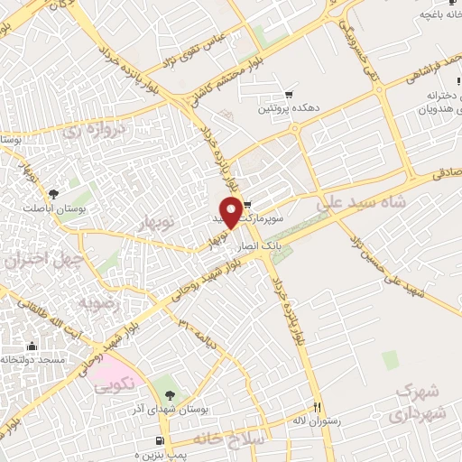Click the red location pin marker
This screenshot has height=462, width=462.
(232, 211)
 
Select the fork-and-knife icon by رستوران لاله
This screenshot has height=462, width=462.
(316, 406)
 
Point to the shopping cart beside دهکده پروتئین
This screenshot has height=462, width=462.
(289, 94)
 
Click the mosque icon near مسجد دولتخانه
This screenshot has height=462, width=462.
(32, 346)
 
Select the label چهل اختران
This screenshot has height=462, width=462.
(44, 261)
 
